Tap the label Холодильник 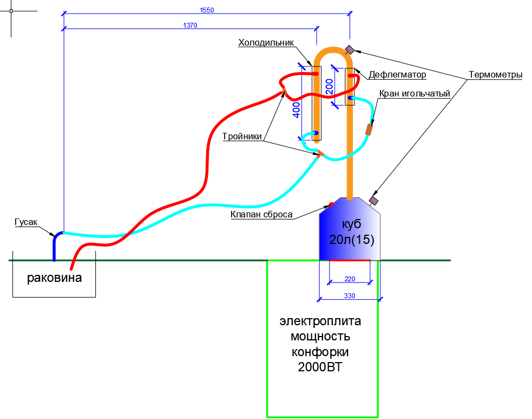pyautogui.click(x=266, y=43)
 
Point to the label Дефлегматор pyautogui.click(x=397, y=74)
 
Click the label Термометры pyautogui.click(x=495, y=75)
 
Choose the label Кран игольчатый pyautogui.click(x=415, y=94)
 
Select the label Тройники pyautogui.click(x=242, y=137)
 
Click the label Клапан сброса pyautogui.click(x=261, y=215)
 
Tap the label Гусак pyautogui.click(x=26, y=222)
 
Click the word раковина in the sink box pyautogui.click(x=55, y=278)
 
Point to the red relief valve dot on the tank pyautogui.click(x=331, y=204)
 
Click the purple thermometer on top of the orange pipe pyautogui.click(x=350, y=50)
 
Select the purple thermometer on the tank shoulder pyautogui.click(x=373, y=201)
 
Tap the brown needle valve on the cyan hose pyautogui.click(x=369, y=130)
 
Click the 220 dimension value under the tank pyautogui.click(x=350, y=279)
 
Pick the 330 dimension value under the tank pyautogui.click(x=350, y=295)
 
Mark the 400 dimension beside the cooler pyautogui.click(x=296, y=110)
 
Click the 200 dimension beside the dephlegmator pyautogui.click(x=329, y=86)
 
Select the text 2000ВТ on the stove pyautogui.click(x=320, y=367)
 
